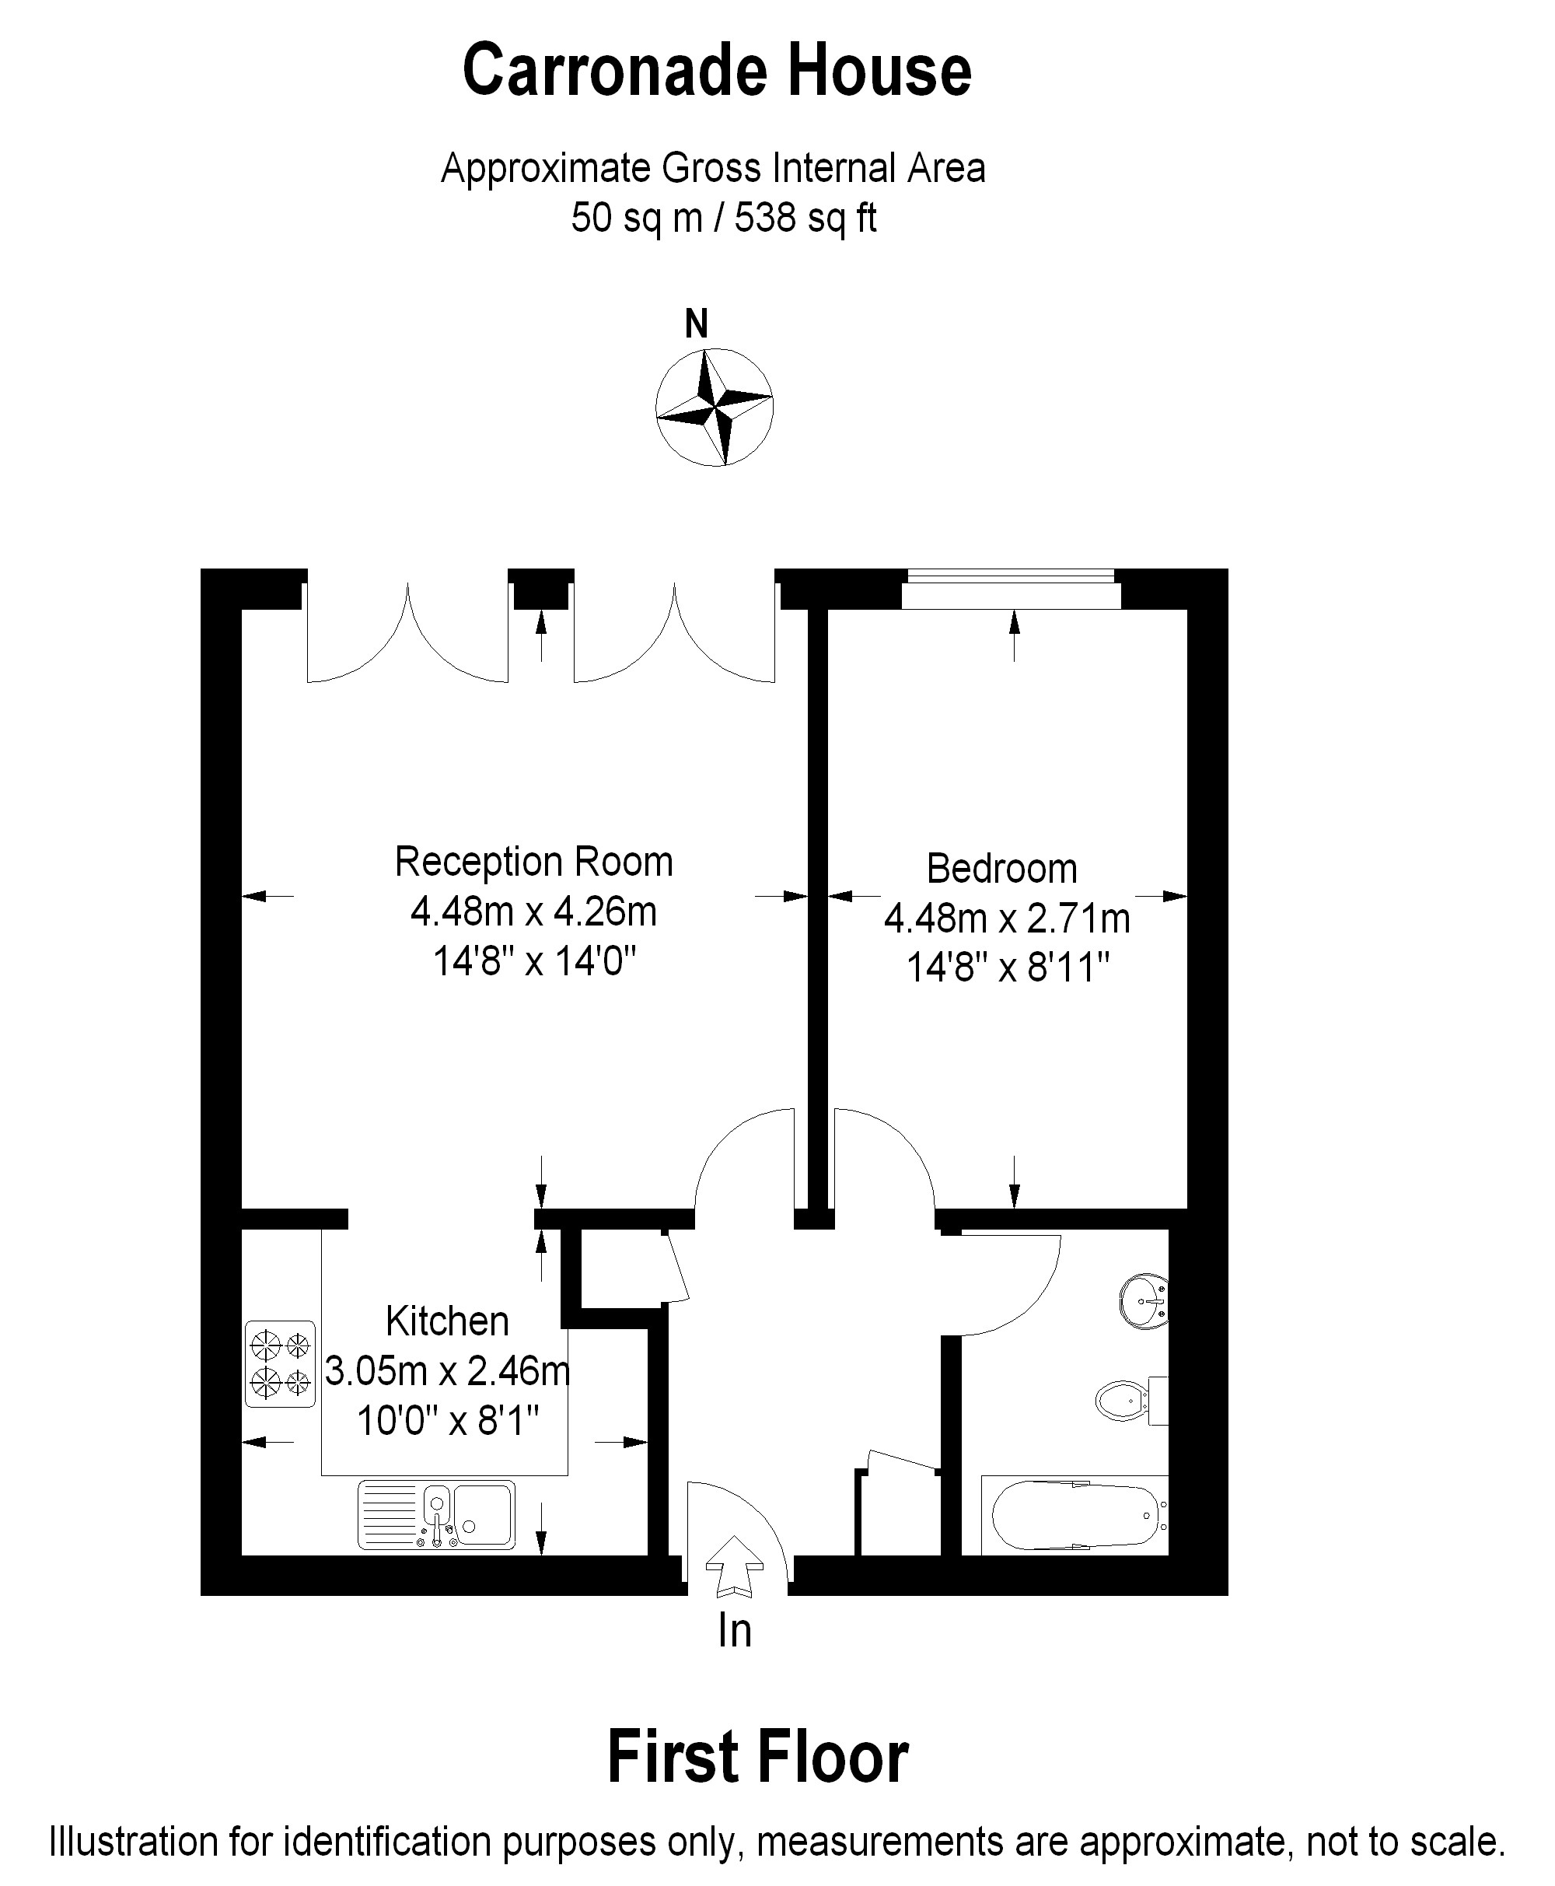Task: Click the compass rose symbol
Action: point(714,408)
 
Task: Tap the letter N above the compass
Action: point(696,324)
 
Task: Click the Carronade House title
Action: point(717,71)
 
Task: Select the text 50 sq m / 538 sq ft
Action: point(723,218)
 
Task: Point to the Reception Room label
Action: point(534,861)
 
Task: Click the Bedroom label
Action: point(1001,868)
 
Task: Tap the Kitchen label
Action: point(447,1321)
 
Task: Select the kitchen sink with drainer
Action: point(436,1515)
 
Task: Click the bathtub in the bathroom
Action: point(1075,1514)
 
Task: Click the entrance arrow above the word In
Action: point(735,1567)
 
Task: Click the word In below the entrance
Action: point(735,1632)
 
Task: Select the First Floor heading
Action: point(758,1757)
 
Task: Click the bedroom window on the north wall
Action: point(1012,589)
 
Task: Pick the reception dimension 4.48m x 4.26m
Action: point(534,912)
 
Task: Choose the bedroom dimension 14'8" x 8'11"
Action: point(1008,967)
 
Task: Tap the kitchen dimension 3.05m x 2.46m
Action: point(447,1371)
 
